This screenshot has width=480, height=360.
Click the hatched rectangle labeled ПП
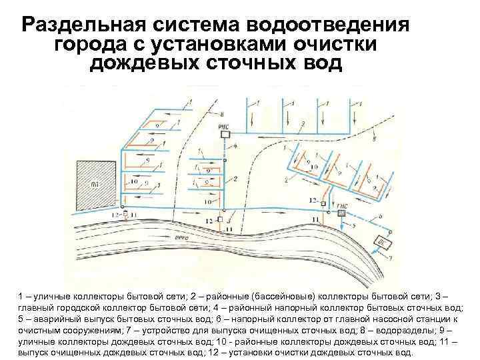[x=95, y=185]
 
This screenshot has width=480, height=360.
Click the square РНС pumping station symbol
[x=225, y=133]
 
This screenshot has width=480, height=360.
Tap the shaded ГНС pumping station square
[x=342, y=213]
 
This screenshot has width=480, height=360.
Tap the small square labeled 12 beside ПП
[x=125, y=215]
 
